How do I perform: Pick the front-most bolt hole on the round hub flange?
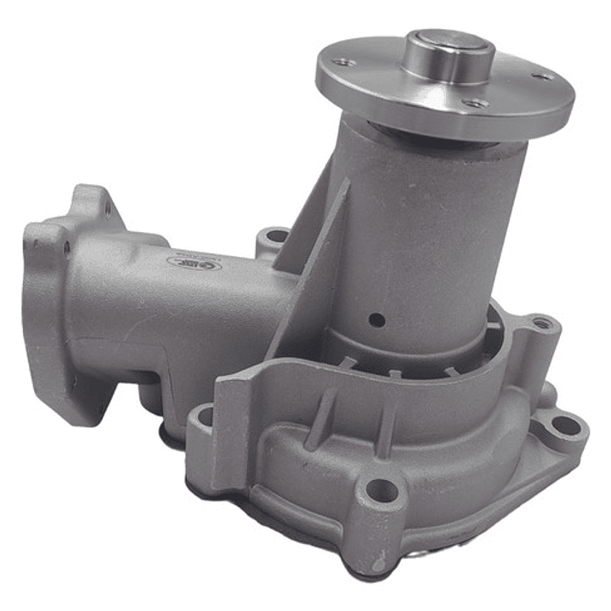point(476,104)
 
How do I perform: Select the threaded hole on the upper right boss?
point(540,325)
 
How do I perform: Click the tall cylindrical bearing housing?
point(425,229)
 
